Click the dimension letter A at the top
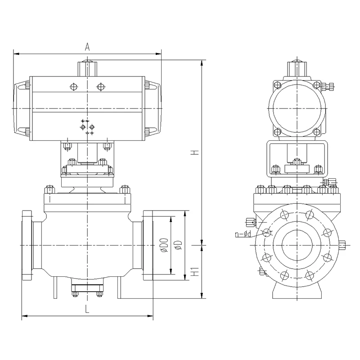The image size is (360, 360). click(87, 47)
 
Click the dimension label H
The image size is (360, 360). click(195, 153)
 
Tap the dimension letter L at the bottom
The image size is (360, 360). click(87, 309)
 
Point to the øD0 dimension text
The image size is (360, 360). click(165, 245)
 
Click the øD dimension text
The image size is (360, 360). click(178, 245)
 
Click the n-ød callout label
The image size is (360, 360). click(243, 234)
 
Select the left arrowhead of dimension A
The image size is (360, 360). click(17, 54)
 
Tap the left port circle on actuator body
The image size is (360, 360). click(74, 87)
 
